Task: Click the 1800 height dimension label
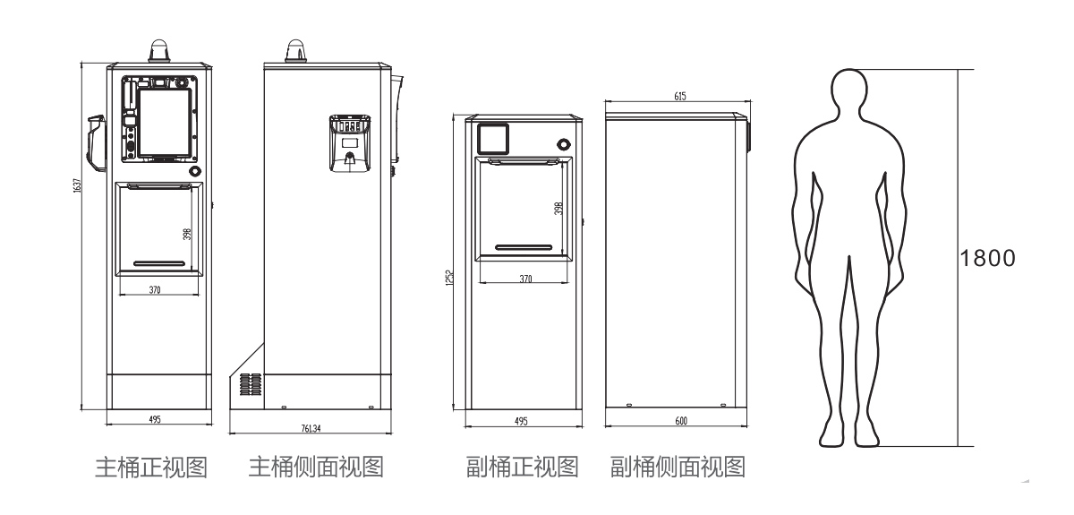pos(988,258)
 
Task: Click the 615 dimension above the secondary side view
pos(680,96)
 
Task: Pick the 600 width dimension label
pos(680,420)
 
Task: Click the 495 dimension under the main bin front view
pos(156,419)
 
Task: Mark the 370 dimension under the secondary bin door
pos(526,279)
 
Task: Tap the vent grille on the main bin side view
pos(251,383)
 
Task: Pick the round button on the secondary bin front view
pos(563,143)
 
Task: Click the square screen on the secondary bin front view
pos(492,138)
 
